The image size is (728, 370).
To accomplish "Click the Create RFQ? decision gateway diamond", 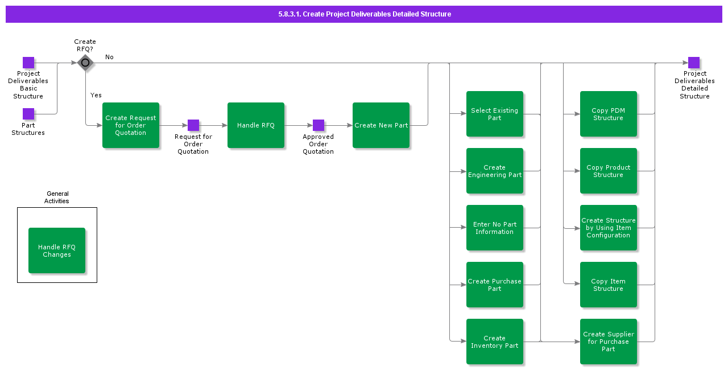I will pos(85,63).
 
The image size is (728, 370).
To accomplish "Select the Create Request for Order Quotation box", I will pos(131,125).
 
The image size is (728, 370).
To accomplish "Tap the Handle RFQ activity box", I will pos(256,125).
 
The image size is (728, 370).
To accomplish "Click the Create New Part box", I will pos(381,125).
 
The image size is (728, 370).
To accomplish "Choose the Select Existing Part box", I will pos(495,114).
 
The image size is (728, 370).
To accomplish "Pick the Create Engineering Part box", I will pos(495,171).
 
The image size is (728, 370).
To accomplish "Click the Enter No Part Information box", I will pos(495,228).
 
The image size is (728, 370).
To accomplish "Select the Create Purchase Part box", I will pos(495,285).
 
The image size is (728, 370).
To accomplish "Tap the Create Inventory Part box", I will pos(495,342).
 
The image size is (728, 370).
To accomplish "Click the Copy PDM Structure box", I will pos(609,114).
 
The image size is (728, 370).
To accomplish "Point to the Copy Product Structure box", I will pos(609,171).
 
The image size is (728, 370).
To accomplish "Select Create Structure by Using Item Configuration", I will pos(609,228).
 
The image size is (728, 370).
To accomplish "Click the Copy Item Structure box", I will pos(609,285).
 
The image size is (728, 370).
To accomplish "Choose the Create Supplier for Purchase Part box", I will pos(609,342).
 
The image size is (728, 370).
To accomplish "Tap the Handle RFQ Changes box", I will pos(57,250).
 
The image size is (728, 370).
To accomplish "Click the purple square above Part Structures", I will pos(28,114).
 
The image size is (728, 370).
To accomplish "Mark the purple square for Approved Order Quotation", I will pos(318,125).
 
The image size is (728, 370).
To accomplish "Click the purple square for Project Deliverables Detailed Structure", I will pos(694,63).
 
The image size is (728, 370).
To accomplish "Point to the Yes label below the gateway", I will pos(96,95).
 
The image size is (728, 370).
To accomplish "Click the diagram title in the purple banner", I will pos(365,14).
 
